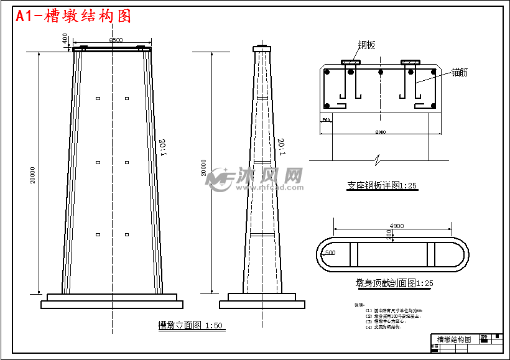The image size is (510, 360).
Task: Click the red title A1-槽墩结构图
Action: pyautogui.click(x=73, y=16)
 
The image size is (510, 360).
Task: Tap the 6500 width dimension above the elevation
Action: pyautogui.click(x=116, y=40)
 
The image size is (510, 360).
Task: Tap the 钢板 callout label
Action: pyautogui.click(x=366, y=45)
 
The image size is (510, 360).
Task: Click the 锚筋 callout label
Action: pyautogui.click(x=460, y=72)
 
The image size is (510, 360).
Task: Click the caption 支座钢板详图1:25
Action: pyautogui.click(x=382, y=185)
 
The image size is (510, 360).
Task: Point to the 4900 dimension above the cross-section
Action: pyautogui.click(x=396, y=226)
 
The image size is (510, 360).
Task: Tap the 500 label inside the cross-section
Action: pyautogui.click(x=330, y=253)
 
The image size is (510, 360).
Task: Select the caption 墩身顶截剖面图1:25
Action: pyautogui.click(x=391, y=284)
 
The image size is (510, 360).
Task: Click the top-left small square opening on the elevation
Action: pyautogui.click(x=98, y=98)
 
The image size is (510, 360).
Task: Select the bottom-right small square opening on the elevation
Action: pyautogui.click(x=127, y=234)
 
